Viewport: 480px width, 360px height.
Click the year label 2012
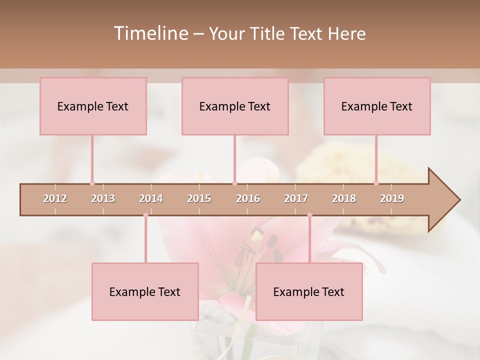tap(55, 198)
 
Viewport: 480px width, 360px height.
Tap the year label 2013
tap(103, 198)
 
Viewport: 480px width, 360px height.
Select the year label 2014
tap(151, 198)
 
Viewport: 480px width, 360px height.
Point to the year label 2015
tap(199, 198)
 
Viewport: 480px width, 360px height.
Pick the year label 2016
tap(248, 198)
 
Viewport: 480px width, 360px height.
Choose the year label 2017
tap(296, 198)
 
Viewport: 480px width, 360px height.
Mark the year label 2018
tap(344, 198)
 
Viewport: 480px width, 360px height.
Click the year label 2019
tap(392, 198)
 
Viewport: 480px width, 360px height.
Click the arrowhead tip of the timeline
tap(459, 200)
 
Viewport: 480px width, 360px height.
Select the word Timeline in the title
tap(150, 33)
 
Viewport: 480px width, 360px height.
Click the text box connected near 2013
tap(93, 106)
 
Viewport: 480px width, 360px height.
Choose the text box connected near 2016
tap(235, 106)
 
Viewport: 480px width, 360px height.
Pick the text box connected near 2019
tap(377, 106)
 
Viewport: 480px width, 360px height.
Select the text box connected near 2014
tap(145, 291)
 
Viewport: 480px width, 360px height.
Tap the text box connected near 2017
tap(309, 291)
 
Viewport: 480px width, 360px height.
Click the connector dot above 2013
tap(92, 183)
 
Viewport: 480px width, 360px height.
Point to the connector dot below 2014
tap(145, 215)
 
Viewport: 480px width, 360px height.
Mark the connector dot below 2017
tap(309, 215)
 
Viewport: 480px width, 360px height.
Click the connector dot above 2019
tap(376, 183)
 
